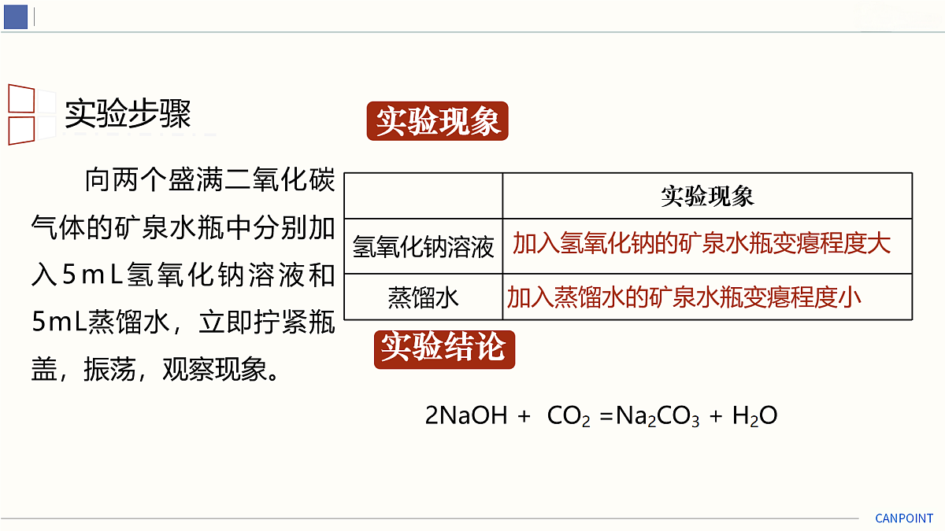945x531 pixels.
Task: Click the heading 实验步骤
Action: (128, 114)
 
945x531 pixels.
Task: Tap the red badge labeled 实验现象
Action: (438, 121)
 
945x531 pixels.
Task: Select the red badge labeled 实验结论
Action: (444, 349)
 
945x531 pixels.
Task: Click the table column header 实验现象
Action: (707, 197)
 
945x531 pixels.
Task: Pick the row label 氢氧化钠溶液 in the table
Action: (423, 247)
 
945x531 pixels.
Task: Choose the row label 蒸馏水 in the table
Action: (423, 297)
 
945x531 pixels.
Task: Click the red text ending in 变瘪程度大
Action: (702, 244)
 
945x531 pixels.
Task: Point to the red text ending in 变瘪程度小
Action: (684, 297)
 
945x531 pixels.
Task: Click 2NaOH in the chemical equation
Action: (466, 415)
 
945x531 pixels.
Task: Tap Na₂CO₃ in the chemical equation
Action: (658, 416)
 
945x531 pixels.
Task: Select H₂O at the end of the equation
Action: (754, 416)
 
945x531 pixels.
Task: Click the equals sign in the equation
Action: (606, 416)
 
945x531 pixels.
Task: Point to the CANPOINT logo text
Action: (904, 518)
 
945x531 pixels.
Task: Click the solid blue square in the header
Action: (16, 17)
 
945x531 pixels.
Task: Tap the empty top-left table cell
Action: (423, 196)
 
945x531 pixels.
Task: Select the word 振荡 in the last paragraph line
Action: (109, 370)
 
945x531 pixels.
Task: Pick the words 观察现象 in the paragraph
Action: (215, 370)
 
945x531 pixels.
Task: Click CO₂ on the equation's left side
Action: (569, 416)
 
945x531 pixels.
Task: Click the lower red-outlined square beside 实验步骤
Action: (21, 131)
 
